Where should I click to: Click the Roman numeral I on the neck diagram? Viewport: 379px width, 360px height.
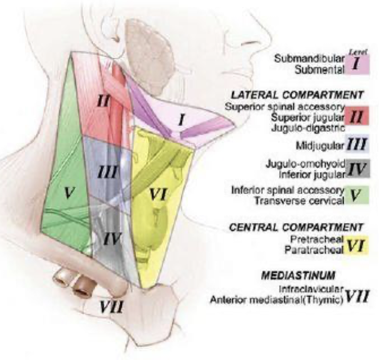coord(181,120)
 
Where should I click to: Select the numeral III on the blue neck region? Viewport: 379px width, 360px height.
coord(108,173)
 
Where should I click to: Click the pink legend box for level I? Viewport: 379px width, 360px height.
coord(356,65)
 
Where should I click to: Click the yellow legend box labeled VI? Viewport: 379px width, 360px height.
coord(356,246)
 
